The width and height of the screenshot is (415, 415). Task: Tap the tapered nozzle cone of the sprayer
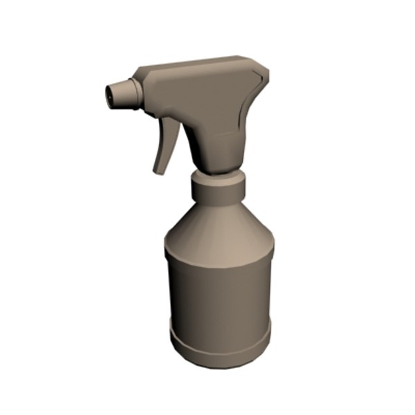[x=122, y=93]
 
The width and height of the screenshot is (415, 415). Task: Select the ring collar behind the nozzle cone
[x=136, y=94]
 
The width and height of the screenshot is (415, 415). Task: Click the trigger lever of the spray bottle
[x=166, y=142]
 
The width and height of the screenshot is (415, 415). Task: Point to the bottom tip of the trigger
[x=158, y=171]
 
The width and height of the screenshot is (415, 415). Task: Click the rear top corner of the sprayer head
[x=263, y=69]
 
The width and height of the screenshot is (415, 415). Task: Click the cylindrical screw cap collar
[x=218, y=190]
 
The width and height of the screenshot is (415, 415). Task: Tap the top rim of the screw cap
[x=218, y=176]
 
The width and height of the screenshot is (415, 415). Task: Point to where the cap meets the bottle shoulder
[x=218, y=202]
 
